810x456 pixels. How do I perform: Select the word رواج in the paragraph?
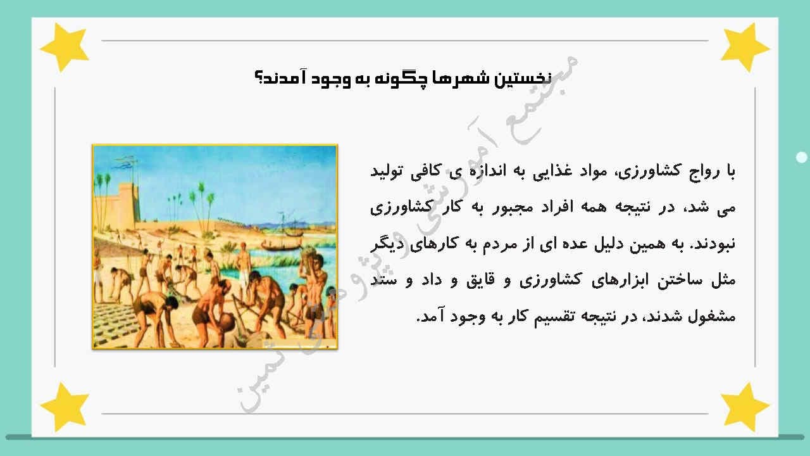pos(698,172)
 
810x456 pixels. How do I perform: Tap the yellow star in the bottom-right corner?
pos(745,406)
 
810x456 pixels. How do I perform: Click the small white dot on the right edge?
pos(802,157)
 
